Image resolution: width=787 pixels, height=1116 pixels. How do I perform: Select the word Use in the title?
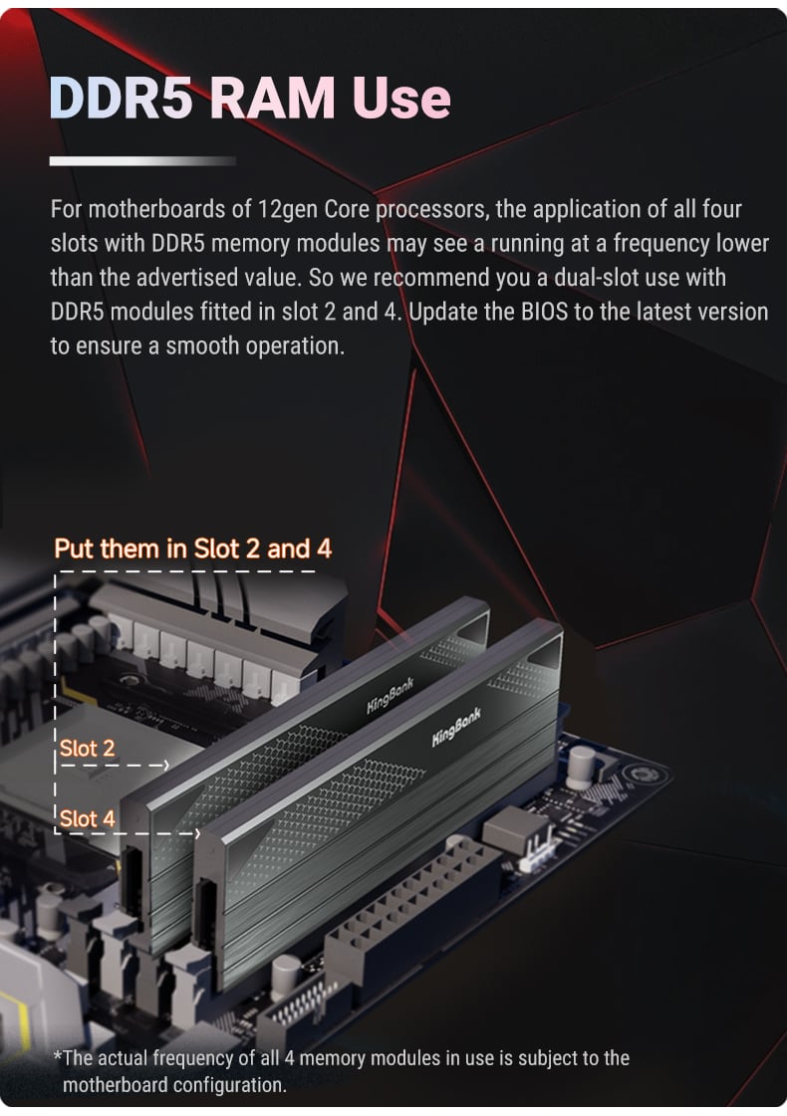pyautogui.click(x=401, y=98)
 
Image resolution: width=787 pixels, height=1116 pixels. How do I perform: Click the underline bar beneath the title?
pyautogui.click(x=142, y=161)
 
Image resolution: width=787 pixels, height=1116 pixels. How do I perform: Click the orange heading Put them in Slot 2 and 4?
pyautogui.click(x=193, y=549)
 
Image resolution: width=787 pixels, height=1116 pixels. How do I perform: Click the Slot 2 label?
pyautogui.click(x=87, y=748)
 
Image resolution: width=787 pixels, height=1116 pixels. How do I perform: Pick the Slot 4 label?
pyautogui.click(x=87, y=818)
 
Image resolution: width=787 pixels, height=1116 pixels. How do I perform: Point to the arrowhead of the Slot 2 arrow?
pyautogui.click(x=166, y=766)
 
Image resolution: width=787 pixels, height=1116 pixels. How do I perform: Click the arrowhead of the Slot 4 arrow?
pyautogui.click(x=197, y=832)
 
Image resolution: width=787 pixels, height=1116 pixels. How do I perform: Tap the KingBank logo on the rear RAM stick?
pyautogui.click(x=390, y=695)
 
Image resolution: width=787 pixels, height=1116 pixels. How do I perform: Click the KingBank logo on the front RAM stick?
pyautogui.click(x=456, y=727)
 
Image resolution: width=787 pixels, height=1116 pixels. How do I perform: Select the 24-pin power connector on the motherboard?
pyautogui.click(x=413, y=904)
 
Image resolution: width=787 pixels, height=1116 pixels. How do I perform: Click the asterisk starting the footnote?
pyautogui.click(x=58, y=1055)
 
